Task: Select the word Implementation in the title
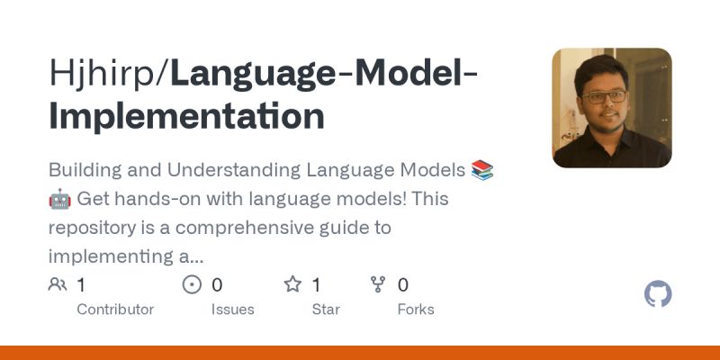coord(186,117)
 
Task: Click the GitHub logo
coord(659,294)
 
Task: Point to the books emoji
coord(482,169)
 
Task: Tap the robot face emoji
coord(59,198)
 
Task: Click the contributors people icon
coord(58,285)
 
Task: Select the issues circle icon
coord(192,285)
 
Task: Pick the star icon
coord(292,285)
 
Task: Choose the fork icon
coord(378,285)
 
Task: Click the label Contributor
coord(115,310)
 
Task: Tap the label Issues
coord(232,310)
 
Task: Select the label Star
coord(326,310)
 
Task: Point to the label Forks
coord(416,310)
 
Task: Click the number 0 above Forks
coord(403,285)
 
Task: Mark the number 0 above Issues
coord(217,285)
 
